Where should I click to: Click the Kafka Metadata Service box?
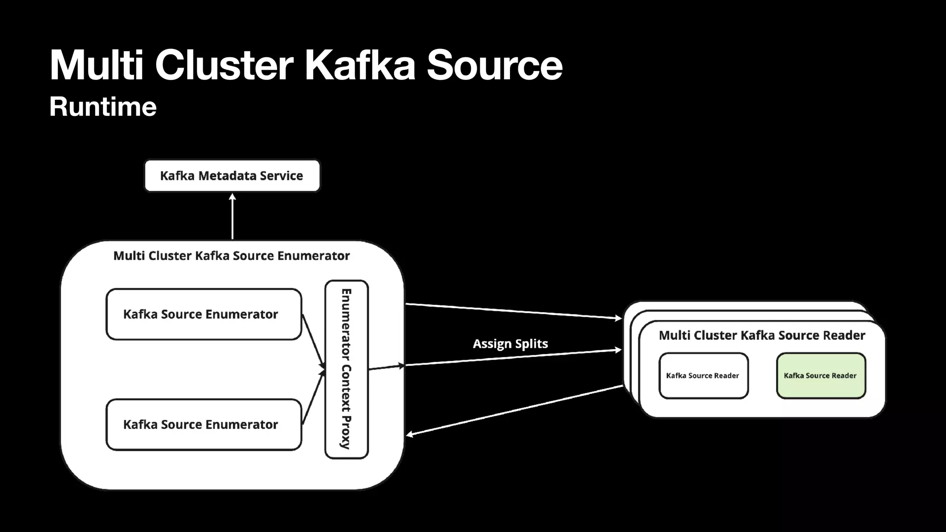232,175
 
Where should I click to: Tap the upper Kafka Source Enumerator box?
203,314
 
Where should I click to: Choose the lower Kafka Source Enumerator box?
203,424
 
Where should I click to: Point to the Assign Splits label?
510,344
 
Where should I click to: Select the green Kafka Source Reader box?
820,375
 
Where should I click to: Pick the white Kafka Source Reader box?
703,375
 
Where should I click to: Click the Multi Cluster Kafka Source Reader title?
762,335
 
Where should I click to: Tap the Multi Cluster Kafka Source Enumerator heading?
231,256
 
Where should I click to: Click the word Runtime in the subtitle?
103,107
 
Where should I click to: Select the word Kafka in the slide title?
360,66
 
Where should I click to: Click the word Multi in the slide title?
97,66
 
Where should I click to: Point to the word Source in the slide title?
494,66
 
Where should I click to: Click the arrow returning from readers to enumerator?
513,411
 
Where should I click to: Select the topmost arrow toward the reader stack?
513,311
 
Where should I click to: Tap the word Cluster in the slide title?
224,66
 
